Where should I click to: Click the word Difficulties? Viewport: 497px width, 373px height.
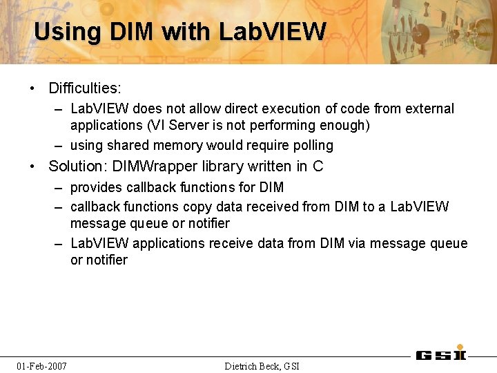point(84,88)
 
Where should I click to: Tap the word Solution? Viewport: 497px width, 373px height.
point(76,166)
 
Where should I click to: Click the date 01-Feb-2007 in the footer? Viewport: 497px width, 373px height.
point(42,365)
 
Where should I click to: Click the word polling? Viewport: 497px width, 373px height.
point(312,146)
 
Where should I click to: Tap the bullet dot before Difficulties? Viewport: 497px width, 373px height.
point(33,88)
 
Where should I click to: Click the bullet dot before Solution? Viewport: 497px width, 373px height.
point(33,166)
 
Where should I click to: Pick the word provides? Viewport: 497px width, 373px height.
point(96,187)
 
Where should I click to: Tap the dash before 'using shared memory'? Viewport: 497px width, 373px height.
point(61,146)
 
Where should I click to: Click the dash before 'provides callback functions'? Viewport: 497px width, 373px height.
point(61,187)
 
